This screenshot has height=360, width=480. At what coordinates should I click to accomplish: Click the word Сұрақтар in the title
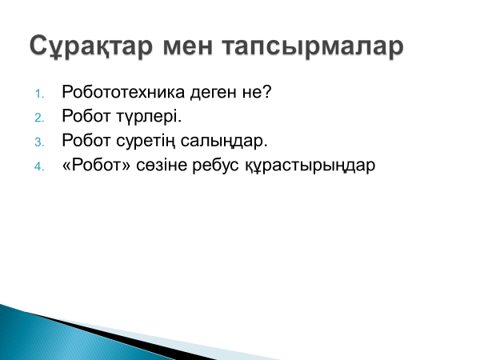click(x=91, y=46)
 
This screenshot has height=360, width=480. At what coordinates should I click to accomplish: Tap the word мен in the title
click(x=188, y=46)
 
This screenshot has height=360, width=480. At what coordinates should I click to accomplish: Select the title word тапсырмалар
click(x=313, y=47)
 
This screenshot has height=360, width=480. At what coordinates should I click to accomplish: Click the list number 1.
click(x=39, y=94)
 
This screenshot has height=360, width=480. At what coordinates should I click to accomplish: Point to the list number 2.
click(x=39, y=118)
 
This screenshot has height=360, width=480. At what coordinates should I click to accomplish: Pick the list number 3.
click(x=39, y=142)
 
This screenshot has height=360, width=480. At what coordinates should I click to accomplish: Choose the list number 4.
click(x=39, y=166)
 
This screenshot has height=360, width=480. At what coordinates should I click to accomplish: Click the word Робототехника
click(x=123, y=92)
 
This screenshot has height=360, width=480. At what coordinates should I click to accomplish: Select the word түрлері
click(x=149, y=117)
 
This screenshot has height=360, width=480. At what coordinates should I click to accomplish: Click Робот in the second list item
click(x=86, y=116)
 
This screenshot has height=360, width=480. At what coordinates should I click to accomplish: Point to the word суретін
click(x=146, y=142)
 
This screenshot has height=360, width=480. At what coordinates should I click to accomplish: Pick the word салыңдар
click(x=224, y=142)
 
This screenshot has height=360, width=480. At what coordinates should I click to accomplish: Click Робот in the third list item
click(x=86, y=141)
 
